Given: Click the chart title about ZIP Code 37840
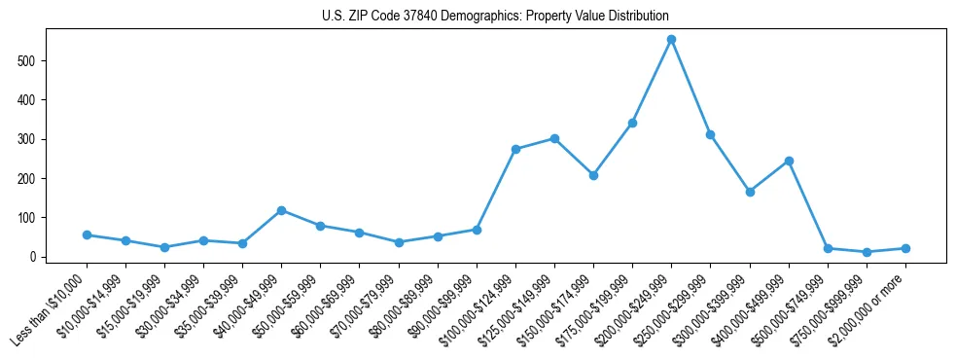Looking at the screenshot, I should click(495, 17).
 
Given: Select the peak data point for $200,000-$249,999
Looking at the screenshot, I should click(671, 40).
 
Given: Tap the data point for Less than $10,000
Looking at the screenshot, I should click(87, 234).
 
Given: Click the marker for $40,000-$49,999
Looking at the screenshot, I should click(281, 210).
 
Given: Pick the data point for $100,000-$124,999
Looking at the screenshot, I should click(515, 149).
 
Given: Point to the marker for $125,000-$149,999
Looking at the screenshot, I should click(554, 138).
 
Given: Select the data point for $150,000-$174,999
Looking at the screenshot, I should click(593, 175).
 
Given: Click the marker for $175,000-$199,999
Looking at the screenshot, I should click(632, 123).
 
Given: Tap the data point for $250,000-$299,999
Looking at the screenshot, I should click(710, 134).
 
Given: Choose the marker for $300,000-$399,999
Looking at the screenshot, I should click(750, 192).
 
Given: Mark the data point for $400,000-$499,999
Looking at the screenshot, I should click(789, 161).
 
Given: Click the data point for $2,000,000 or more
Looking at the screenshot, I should click(905, 248).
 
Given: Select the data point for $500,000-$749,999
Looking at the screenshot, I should click(828, 248).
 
